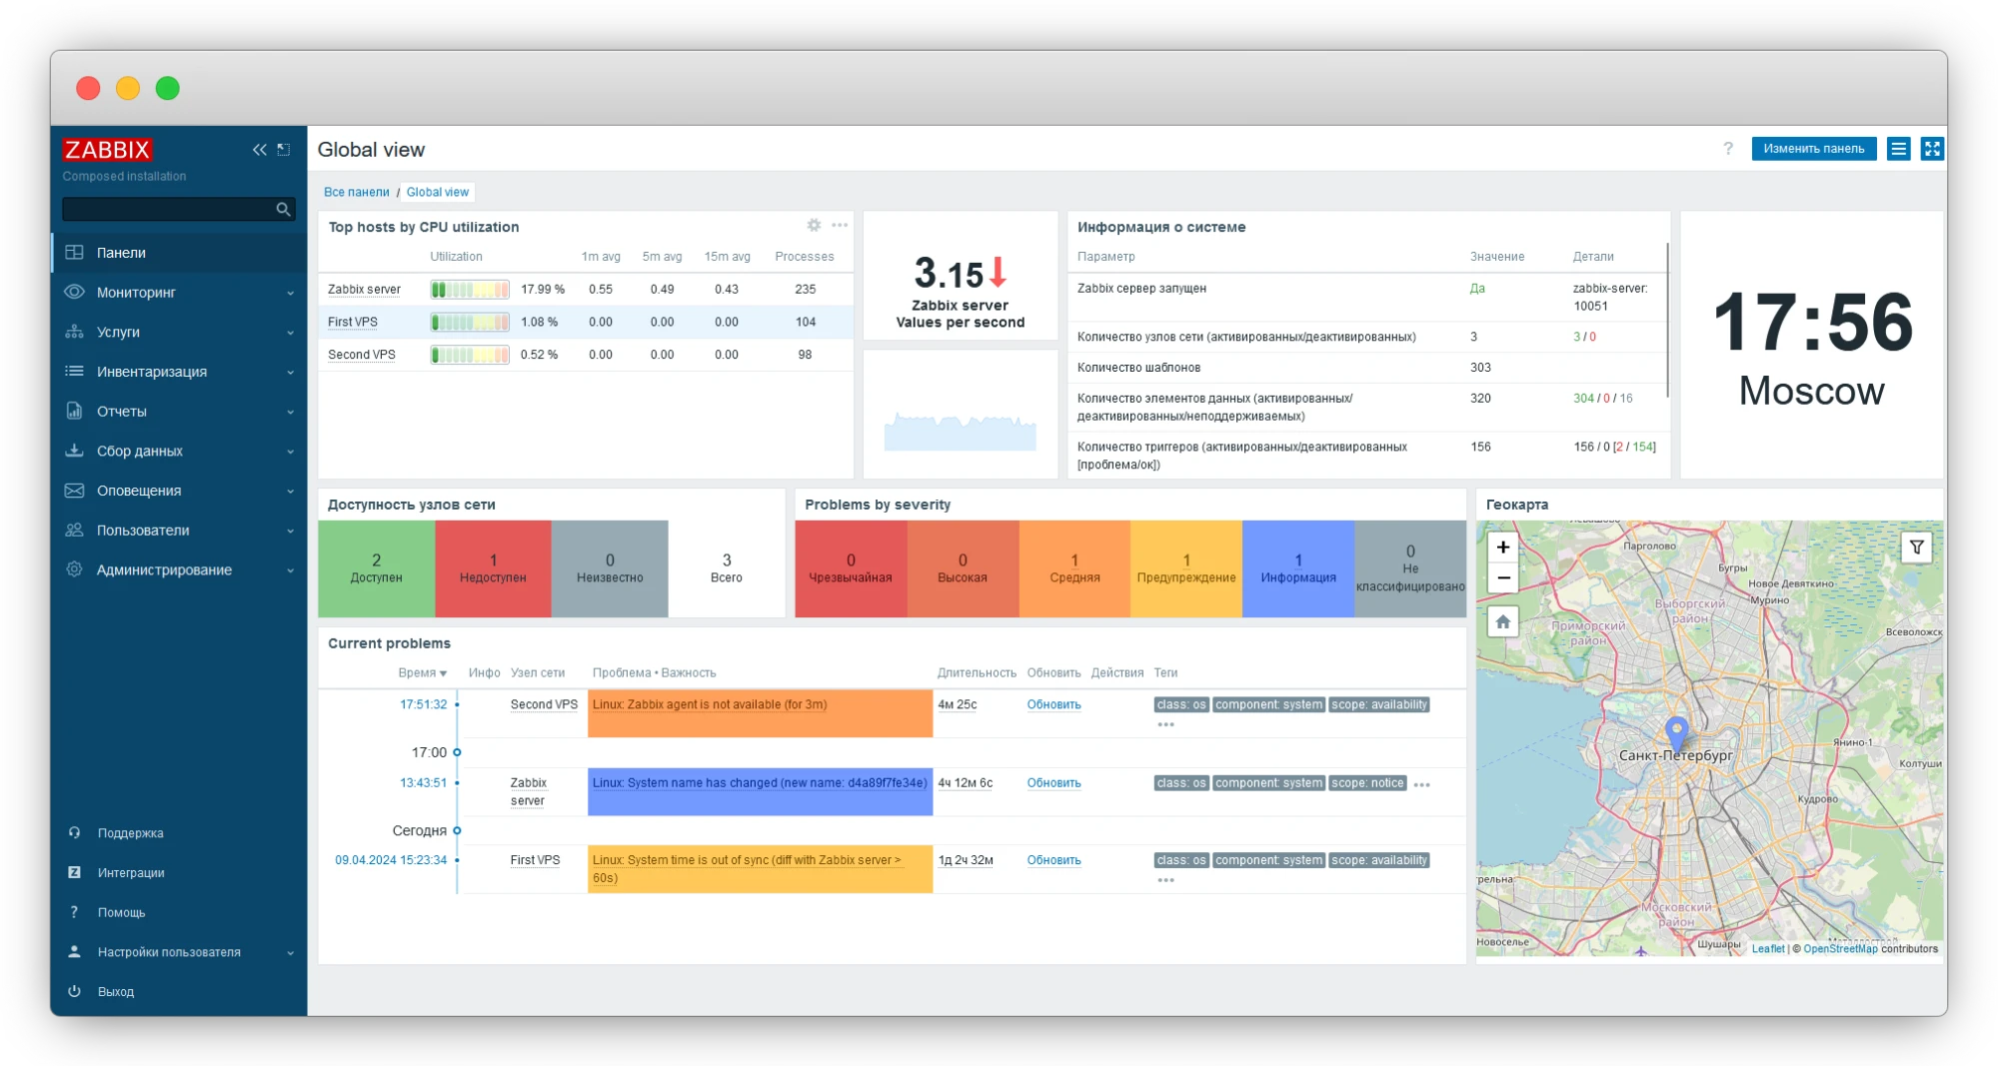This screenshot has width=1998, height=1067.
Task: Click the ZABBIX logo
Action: pyautogui.click(x=107, y=150)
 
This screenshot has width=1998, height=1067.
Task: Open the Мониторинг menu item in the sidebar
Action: pyautogui.click(x=136, y=293)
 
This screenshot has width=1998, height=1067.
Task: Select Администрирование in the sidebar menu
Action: pyautogui.click(x=164, y=570)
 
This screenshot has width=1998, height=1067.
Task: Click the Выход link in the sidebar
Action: pyautogui.click(x=116, y=992)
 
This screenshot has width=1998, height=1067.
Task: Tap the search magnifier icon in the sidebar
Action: pyautogui.click(x=283, y=210)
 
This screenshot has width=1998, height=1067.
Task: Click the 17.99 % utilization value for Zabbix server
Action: pyautogui.click(x=542, y=290)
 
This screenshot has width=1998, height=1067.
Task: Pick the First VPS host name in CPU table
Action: pyautogui.click(x=353, y=323)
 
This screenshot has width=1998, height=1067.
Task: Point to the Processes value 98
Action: pyautogui.click(x=805, y=355)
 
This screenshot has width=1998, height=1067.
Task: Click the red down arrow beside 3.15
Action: pyautogui.click(x=998, y=272)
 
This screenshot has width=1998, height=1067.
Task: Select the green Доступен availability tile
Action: pyautogui.click(x=376, y=568)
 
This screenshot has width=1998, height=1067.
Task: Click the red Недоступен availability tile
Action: pyautogui.click(x=493, y=568)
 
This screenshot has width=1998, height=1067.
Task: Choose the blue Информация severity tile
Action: pyautogui.click(x=1297, y=568)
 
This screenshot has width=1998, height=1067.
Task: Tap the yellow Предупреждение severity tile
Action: pyautogui.click(x=1185, y=568)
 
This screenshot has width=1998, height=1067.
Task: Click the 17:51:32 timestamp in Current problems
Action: pyautogui.click(x=423, y=704)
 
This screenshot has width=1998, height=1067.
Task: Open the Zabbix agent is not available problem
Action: pyautogui.click(x=710, y=705)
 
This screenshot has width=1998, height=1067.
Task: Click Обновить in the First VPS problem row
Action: pyautogui.click(x=1053, y=860)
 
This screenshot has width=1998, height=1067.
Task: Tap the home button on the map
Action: pyautogui.click(x=1502, y=622)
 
